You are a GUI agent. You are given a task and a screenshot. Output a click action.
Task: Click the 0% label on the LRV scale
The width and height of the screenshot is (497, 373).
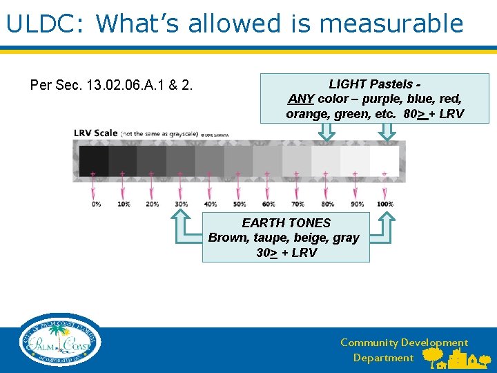(95, 204)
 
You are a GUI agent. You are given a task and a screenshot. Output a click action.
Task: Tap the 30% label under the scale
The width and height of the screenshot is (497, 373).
(181, 204)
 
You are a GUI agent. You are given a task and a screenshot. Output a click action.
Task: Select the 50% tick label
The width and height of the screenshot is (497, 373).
(239, 204)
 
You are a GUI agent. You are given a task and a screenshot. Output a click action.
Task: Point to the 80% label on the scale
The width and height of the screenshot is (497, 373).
(327, 204)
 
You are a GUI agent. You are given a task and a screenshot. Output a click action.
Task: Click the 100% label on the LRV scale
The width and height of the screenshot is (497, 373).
(385, 204)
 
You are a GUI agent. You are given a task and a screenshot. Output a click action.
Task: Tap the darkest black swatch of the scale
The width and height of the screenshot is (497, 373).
(94, 160)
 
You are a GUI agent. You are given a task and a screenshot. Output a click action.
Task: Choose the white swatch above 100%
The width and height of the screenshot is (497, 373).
(384, 160)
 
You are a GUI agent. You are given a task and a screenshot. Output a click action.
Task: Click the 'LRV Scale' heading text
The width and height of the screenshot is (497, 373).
(96, 133)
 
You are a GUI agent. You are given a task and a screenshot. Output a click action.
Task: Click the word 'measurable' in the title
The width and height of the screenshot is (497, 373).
(391, 23)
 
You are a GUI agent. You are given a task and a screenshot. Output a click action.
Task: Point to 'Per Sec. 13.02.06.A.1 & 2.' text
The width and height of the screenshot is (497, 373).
(112, 86)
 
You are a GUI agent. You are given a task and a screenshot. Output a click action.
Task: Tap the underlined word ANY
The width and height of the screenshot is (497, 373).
(301, 99)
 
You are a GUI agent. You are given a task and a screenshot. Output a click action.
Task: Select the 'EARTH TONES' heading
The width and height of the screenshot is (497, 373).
(286, 223)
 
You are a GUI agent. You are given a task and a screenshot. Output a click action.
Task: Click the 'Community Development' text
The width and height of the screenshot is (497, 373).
(404, 343)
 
